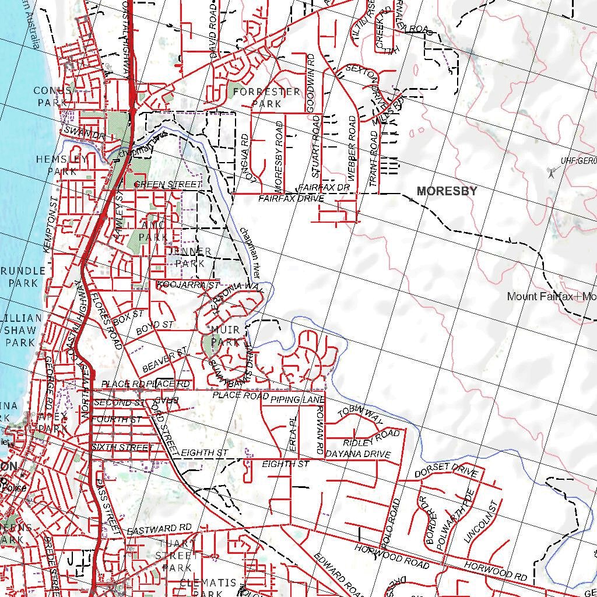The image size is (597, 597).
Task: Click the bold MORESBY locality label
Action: click(x=447, y=191)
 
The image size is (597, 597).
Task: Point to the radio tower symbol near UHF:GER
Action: click(x=550, y=173)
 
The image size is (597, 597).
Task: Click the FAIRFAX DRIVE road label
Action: click(x=291, y=199)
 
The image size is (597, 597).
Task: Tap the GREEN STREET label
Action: click(x=167, y=184)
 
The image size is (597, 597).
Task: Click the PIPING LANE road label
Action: click(x=297, y=399)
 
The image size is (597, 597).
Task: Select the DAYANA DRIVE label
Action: click(x=357, y=454)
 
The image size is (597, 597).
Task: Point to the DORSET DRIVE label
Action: click(x=446, y=471)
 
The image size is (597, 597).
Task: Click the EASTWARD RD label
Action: click(x=159, y=530)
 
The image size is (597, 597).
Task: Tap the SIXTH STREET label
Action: click(x=122, y=447)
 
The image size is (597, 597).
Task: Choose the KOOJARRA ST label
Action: click(x=188, y=285)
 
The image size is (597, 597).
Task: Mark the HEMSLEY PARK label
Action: click(x=62, y=165)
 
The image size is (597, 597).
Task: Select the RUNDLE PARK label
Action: click(x=23, y=277)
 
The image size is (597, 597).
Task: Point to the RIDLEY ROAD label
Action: click(x=371, y=438)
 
